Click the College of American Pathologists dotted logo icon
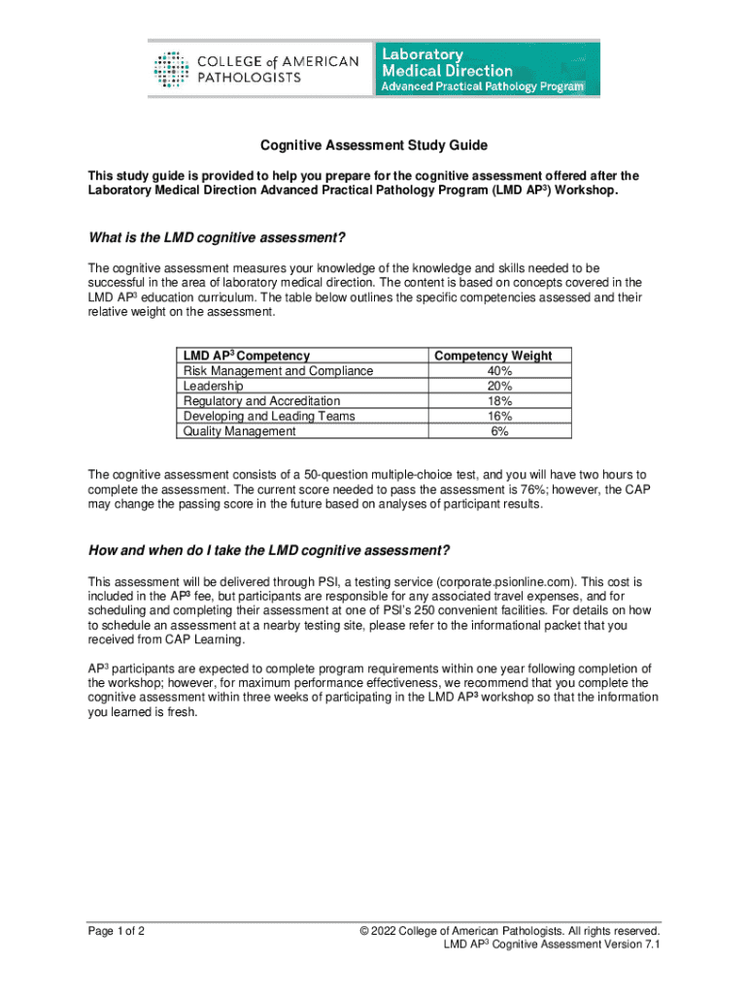point(172,69)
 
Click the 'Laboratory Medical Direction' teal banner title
point(448,62)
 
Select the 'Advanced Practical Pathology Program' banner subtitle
point(483,86)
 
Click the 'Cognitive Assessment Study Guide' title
point(373,146)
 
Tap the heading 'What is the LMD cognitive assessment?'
point(217,238)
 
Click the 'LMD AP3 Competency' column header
point(246,356)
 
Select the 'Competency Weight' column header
point(493,356)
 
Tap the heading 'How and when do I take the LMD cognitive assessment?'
point(269,551)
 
